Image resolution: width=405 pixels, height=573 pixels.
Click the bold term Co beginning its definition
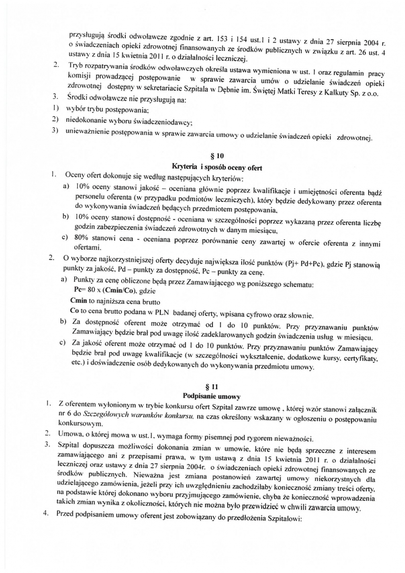pyautogui.click(x=74, y=313)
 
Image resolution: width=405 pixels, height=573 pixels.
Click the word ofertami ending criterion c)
pyautogui.click(x=86, y=247)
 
